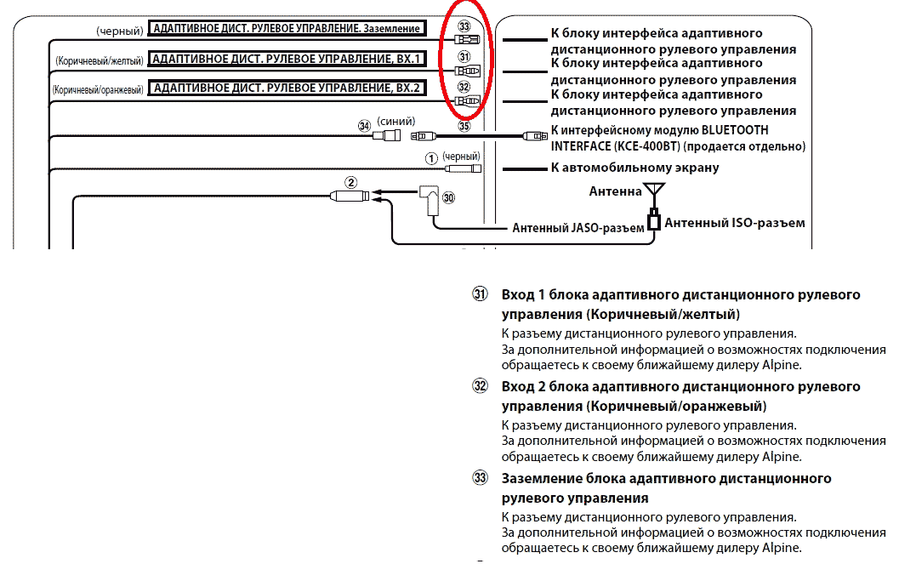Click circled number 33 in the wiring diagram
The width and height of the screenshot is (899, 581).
pyautogui.click(x=464, y=26)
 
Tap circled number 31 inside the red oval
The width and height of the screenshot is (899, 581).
pyautogui.click(x=464, y=57)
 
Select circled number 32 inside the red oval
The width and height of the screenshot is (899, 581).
pyautogui.click(x=464, y=87)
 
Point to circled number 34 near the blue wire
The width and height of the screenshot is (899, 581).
pyautogui.click(x=364, y=125)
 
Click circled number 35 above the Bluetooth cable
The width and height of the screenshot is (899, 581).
pyautogui.click(x=464, y=126)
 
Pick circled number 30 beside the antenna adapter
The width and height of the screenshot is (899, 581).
pyautogui.click(x=448, y=198)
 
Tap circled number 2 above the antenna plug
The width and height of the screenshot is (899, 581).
pyautogui.click(x=350, y=182)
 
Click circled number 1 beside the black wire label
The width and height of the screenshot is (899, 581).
pyautogui.click(x=431, y=158)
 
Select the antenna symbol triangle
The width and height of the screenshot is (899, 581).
pyautogui.click(x=654, y=189)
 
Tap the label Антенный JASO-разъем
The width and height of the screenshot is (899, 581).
pyautogui.click(x=578, y=228)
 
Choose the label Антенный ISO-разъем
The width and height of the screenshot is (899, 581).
pyautogui.click(x=735, y=223)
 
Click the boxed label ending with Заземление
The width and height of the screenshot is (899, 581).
pyautogui.click(x=287, y=28)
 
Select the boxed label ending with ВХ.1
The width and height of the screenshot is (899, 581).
pyautogui.click(x=287, y=59)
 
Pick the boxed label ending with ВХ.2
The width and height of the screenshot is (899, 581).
pyautogui.click(x=287, y=88)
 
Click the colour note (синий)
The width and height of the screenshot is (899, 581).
pyautogui.click(x=395, y=122)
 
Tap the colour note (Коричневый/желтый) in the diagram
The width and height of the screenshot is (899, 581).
pyautogui.click(x=100, y=60)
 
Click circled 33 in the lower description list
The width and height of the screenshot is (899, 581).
pyautogui.click(x=480, y=478)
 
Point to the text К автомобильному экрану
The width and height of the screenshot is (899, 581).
pyautogui.click(x=634, y=168)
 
